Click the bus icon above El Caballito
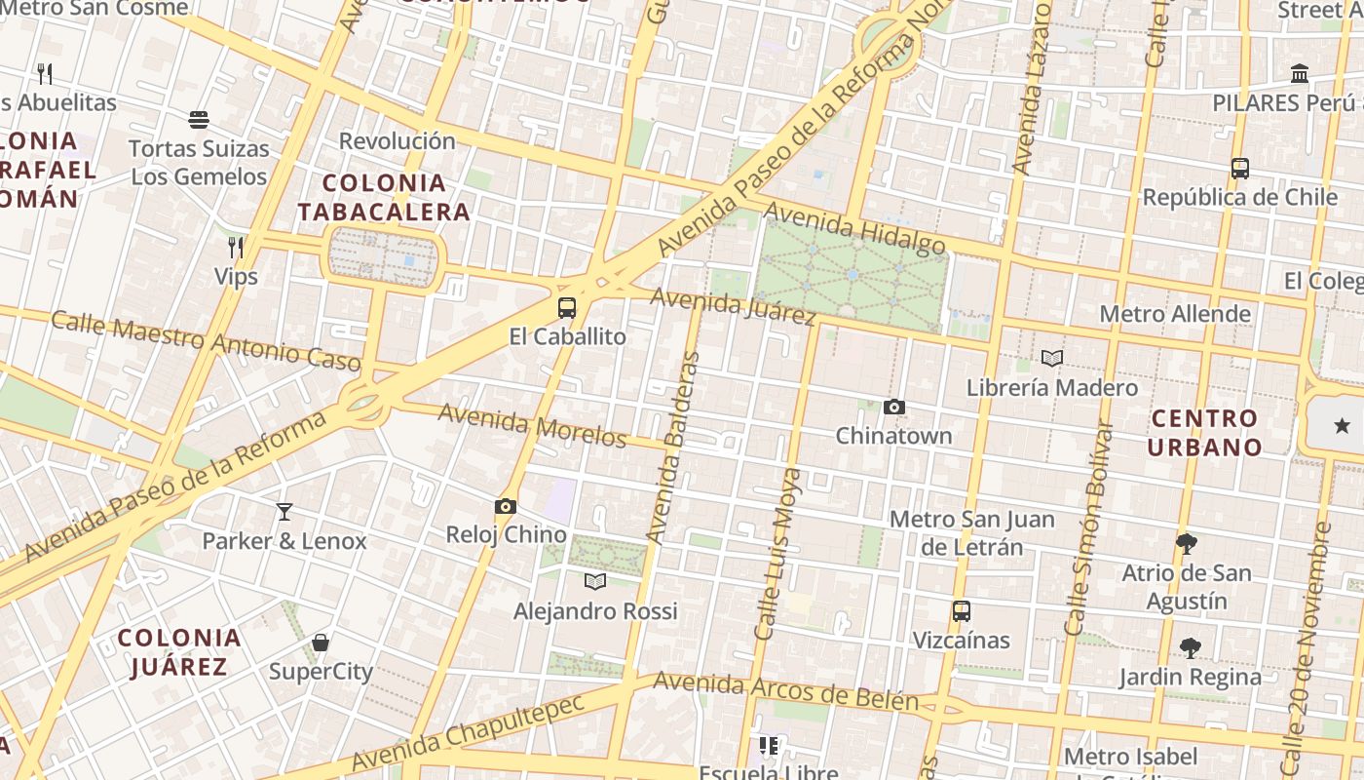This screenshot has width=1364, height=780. (567, 308)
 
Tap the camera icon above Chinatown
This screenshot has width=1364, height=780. (894, 408)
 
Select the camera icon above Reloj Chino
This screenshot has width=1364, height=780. (506, 507)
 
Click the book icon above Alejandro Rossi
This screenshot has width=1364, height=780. (595, 582)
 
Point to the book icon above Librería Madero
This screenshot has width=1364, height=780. (1052, 359)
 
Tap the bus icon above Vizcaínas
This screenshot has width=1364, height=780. (962, 611)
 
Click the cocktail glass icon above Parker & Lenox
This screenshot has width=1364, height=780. (284, 512)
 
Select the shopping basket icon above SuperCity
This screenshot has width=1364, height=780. (321, 643)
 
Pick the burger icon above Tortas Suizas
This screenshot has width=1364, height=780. (199, 120)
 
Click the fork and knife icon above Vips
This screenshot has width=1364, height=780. (236, 247)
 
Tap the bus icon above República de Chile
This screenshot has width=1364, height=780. (1240, 168)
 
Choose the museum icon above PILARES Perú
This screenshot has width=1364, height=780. (1299, 74)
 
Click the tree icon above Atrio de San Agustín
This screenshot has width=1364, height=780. (1187, 543)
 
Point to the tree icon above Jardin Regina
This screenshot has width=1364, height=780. (1190, 647)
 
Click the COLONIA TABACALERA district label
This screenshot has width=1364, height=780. (384, 197)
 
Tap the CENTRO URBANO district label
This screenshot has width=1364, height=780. (1204, 433)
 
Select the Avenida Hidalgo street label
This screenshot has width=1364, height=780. (854, 228)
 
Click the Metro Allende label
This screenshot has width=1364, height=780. (1175, 314)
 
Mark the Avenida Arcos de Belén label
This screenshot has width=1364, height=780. (786, 691)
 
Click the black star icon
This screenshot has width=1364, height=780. (1343, 425)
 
